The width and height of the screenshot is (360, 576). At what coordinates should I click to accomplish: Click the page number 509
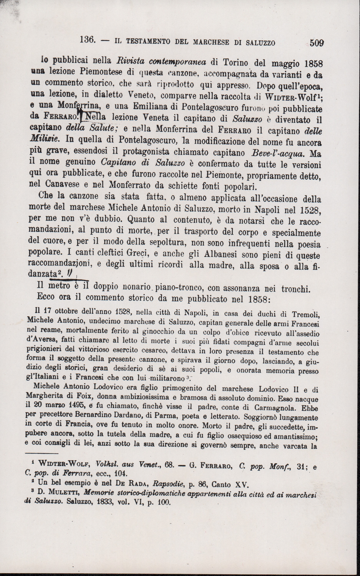point(317,43)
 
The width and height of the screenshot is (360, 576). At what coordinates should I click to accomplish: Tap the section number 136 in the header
point(87,40)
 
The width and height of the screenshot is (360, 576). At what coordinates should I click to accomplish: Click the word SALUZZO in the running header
point(261,43)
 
